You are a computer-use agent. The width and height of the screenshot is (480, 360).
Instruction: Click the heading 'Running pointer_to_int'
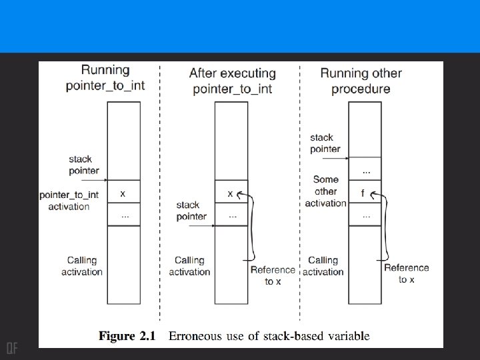click(x=105, y=77)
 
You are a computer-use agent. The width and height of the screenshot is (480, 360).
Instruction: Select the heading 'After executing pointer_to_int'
click(x=232, y=81)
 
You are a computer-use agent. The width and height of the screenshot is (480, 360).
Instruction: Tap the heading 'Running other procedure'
click(x=361, y=81)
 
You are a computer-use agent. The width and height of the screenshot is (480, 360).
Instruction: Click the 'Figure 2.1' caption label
click(x=127, y=336)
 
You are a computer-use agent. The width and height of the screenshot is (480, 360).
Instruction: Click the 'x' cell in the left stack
click(x=123, y=193)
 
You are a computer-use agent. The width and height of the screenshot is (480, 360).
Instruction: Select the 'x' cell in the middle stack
click(x=231, y=193)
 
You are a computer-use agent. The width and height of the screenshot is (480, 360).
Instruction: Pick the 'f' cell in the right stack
click(x=363, y=193)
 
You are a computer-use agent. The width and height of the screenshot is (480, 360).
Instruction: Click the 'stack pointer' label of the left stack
click(x=81, y=165)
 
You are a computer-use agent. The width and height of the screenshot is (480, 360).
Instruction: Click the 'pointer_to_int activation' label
click(x=69, y=200)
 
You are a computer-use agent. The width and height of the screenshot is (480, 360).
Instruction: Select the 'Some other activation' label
click(x=326, y=191)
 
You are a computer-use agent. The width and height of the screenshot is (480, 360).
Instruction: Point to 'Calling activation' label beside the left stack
click(x=82, y=265)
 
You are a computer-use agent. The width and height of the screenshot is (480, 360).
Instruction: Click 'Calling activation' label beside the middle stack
click(x=189, y=265)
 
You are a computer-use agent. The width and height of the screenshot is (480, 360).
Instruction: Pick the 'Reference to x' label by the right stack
click(x=406, y=273)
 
